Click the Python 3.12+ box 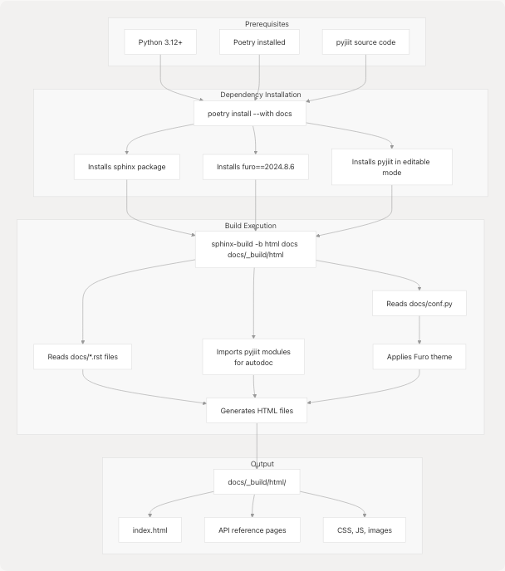(x=160, y=42)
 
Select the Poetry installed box (x=259, y=42)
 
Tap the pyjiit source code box (x=365, y=42)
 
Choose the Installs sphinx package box (x=126, y=167)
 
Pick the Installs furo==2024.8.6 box (x=255, y=167)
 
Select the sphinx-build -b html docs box (x=256, y=249)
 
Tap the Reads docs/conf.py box (x=419, y=304)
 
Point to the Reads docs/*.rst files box (x=82, y=357)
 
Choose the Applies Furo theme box (x=419, y=357)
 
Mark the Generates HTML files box (x=256, y=410)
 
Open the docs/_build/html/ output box (x=257, y=481)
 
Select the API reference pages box (x=252, y=530)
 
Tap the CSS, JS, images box (x=365, y=530)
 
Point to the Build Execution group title (x=250, y=225)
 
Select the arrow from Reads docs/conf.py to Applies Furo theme (x=419, y=330)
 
